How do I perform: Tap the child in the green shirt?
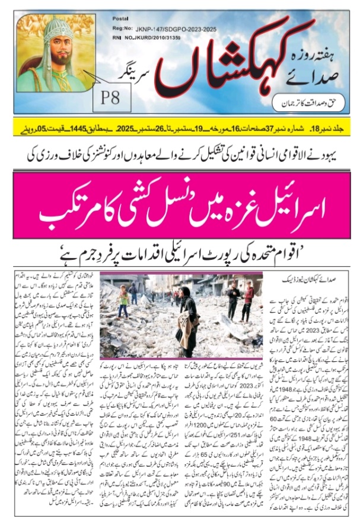point(123,300)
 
